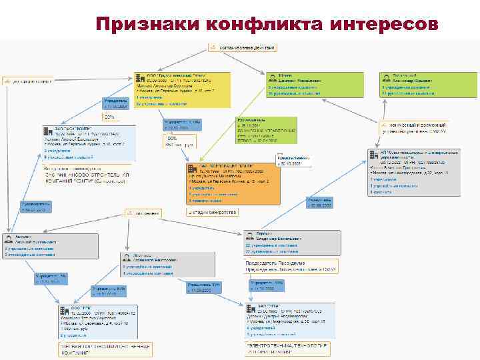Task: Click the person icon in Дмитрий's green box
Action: [272, 78]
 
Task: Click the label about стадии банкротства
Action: [212, 212]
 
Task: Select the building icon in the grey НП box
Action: [375, 154]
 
